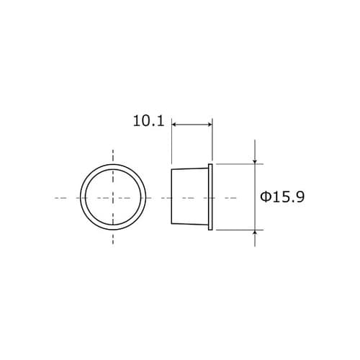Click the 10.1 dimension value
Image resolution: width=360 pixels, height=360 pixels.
(148, 121)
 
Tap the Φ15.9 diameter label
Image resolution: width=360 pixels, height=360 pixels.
(282, 197)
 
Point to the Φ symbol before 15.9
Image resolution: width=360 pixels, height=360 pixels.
(264, 197)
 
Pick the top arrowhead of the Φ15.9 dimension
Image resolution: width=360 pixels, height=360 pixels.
(256, 161)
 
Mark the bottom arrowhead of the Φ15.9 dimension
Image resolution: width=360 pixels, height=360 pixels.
(256, 232)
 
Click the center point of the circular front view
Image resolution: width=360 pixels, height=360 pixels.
(113, 197)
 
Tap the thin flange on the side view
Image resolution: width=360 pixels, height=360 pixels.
(210, 197)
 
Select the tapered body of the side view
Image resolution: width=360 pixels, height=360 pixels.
(189, 197)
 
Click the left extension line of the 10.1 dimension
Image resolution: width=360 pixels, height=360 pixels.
(172, 144)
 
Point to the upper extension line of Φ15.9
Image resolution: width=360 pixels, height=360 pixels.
(238, 164)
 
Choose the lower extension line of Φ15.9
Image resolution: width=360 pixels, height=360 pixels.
(238, 230)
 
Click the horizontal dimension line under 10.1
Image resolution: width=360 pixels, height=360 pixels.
(192, 125)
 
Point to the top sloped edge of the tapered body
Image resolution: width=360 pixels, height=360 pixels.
(189, 168)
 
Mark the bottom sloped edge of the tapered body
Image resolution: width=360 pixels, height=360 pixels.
(189, 225)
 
